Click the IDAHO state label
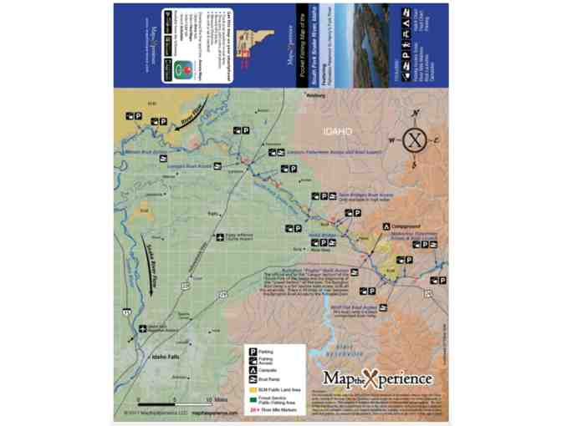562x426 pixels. [x=339, y=132]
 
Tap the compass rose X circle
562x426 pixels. [x=414, y=139]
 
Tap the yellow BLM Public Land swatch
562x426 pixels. [x=251, y=389]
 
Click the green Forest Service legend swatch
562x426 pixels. [x=251, y=399]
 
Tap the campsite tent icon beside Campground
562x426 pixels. [x=386, y=226]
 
